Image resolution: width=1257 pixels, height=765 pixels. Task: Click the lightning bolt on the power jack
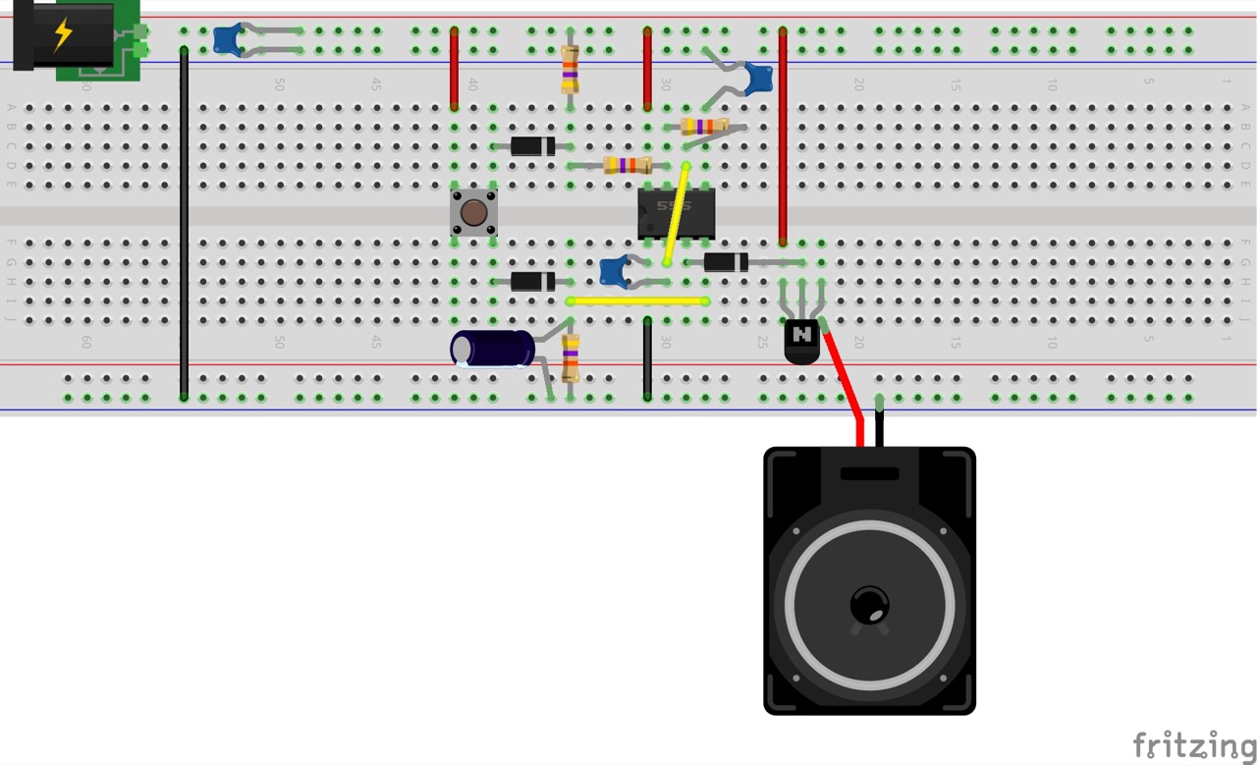click(63, 33)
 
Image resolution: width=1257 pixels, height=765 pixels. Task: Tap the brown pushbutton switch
click(473, 212)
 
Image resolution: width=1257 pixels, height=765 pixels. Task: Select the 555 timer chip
click(676, 213)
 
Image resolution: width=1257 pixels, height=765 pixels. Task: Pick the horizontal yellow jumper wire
click(637, 301)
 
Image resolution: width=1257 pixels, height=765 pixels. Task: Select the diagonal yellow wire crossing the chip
click(677, 214)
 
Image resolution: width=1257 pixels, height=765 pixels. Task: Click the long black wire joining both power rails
click(184, 221)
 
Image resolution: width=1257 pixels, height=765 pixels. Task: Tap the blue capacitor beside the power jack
click(228, 39)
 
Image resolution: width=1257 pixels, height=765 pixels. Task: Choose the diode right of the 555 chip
click(726, 262)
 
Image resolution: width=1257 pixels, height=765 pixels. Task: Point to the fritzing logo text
click(1193, 745)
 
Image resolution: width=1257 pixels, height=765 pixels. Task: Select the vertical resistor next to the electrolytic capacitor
click(571, 357)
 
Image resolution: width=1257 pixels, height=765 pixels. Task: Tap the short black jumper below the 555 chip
click(647, 357)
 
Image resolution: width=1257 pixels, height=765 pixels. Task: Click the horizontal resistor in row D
click(628, 165)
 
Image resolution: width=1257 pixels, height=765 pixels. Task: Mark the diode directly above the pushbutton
click(532, 146)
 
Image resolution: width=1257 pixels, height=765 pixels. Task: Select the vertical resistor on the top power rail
click(570, 69)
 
